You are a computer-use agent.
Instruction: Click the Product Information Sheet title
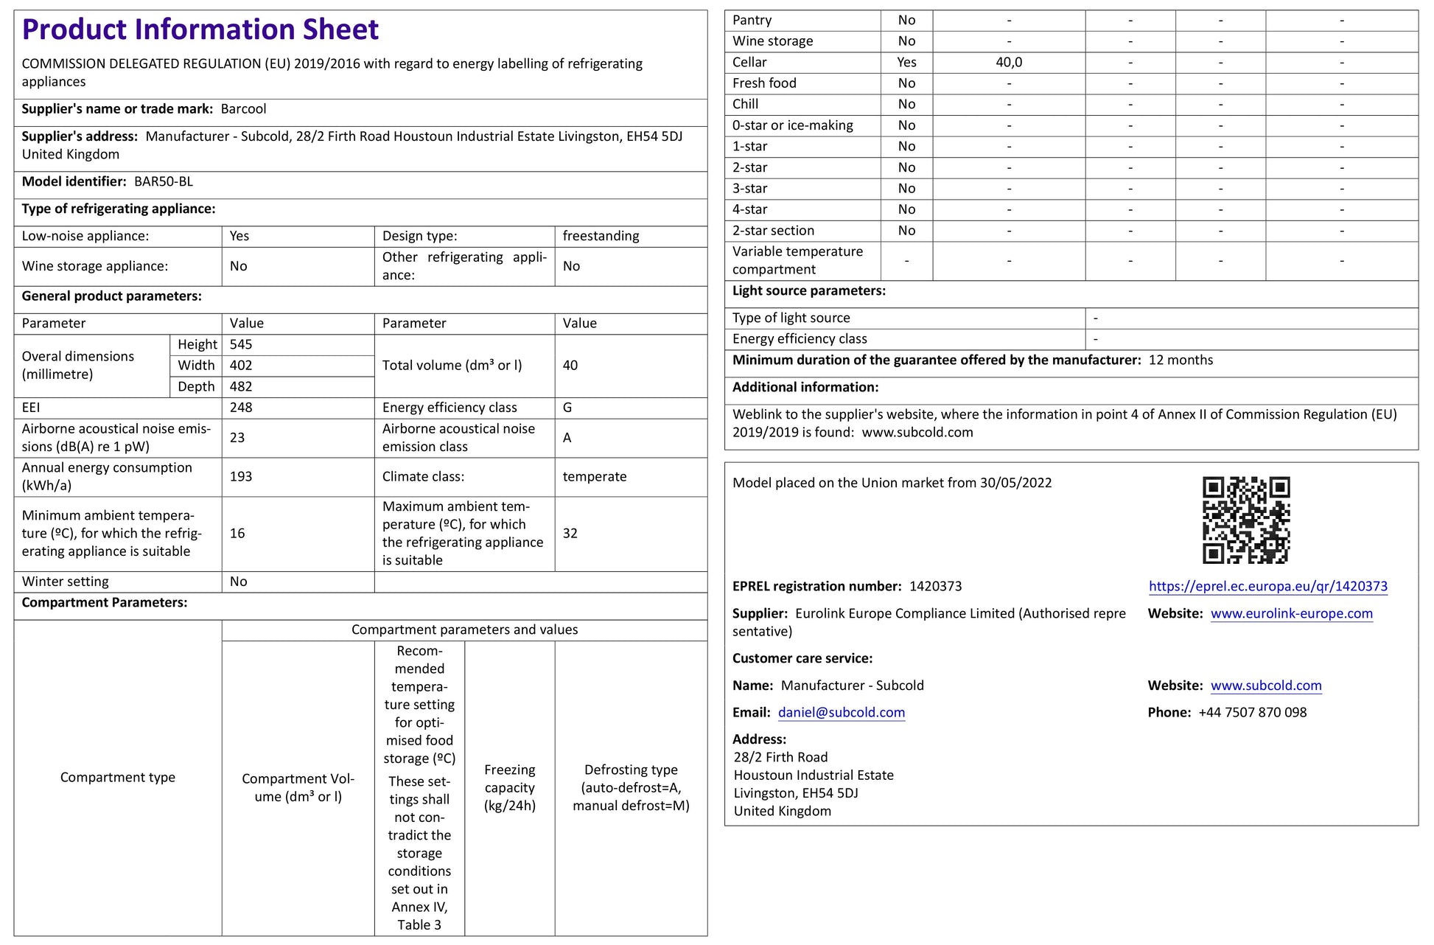(200, 29)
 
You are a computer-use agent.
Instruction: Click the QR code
(1246, 520)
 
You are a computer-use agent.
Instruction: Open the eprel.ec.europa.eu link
(1267, 586)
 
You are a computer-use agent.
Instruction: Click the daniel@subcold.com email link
(841, 712)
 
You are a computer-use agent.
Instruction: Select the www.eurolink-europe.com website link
(1291, 613)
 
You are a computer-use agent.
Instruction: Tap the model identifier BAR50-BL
(164, 181)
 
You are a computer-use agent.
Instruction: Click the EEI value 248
(241, 408)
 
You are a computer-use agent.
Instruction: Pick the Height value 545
(241, 344)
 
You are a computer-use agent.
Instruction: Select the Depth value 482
(241, 386)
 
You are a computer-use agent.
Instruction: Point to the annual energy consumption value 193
(241, 476)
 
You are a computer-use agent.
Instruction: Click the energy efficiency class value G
(567, 408)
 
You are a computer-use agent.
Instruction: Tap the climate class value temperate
(594, 476)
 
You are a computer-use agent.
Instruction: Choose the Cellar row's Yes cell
(906, 62)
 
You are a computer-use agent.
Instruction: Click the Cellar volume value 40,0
(1009, 62)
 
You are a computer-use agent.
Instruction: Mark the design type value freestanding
(601, 236)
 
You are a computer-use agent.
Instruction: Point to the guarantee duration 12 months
(1181, 360)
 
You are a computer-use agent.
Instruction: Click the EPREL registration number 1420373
(935, 586)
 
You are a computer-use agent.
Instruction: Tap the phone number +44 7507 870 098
(1252, 712)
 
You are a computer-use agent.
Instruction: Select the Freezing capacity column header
(509, 787)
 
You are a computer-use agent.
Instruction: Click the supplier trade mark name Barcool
(243, 109)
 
